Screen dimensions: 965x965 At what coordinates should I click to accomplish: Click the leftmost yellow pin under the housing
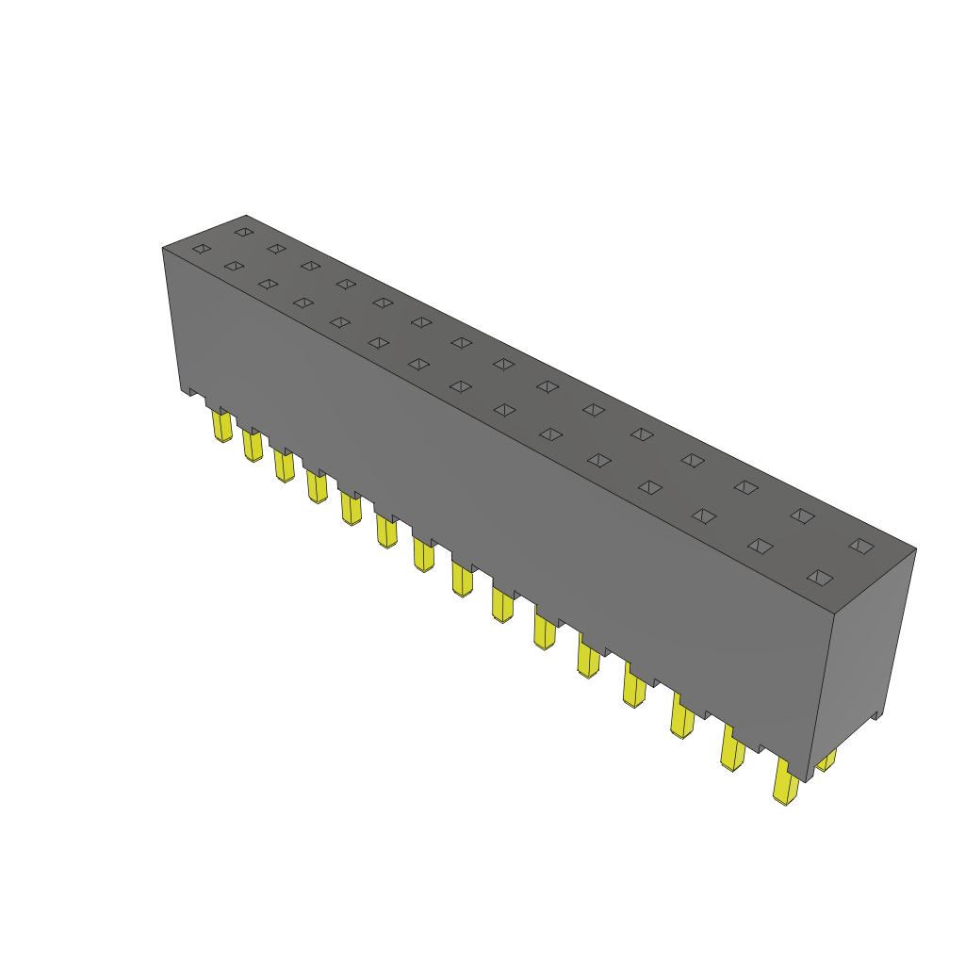[222, 427]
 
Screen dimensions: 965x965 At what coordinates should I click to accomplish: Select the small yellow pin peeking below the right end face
[826, 760]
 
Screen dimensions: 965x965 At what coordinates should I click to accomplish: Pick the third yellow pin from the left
[285, 466]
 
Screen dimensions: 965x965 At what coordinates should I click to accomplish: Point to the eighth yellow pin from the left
[462, 577]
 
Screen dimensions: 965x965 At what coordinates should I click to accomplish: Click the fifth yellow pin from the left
[351, 508]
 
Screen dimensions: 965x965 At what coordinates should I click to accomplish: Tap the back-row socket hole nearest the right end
[860, 546]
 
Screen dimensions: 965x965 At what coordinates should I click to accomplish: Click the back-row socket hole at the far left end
[244, 231]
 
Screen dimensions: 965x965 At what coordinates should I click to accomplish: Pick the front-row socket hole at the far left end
[202, 249]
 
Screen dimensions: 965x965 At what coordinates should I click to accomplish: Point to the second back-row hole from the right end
[802, 515]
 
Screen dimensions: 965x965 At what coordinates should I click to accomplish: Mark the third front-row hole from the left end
[269, 284]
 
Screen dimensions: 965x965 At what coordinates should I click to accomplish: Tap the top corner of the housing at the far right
[915, 548]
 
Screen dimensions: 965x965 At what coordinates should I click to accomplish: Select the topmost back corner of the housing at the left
[246, 216]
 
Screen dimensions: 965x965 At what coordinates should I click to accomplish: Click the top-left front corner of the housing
[163, 248]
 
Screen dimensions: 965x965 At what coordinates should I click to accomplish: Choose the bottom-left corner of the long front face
[181, 389]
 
